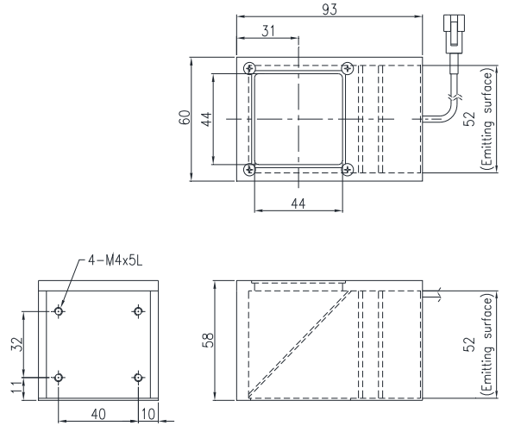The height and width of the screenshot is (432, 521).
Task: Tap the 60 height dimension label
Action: pyautogui.click(x=184, y=118)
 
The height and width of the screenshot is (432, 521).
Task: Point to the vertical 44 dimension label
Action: pyautogui.click(x=205, y=118)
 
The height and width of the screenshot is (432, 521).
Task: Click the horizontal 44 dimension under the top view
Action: pyautogui.click(x=298, y=203)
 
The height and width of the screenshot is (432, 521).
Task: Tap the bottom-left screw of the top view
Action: pyautogui.click(x=249, y=170)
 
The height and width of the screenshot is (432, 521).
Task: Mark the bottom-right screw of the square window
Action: pyautogui.click(x=347, y=170)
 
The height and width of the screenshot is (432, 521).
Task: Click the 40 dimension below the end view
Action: pyautogui.click(x=97, y=415)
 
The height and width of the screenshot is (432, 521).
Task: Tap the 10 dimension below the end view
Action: pyautogui.click(x=146, y=415)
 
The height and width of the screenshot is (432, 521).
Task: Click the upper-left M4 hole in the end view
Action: pyautogui.click(x=58, y=311)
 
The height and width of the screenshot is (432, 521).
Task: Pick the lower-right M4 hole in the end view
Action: pyautogui.click(x=138, y=377)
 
